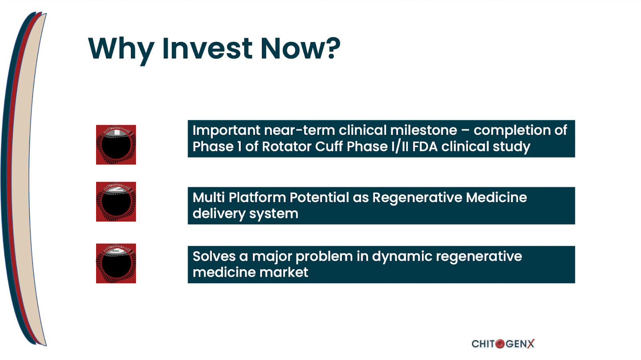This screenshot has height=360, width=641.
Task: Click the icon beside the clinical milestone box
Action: tap(116, 145)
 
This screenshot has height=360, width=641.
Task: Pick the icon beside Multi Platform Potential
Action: tap(116, 201)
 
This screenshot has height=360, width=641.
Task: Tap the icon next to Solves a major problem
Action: tap(116, 263)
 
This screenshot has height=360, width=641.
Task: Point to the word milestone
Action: tap(423, 131)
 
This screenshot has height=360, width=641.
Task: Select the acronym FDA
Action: tap(425, 147)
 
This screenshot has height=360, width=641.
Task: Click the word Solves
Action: tap(214, 257)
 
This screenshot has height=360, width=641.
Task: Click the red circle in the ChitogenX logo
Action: tap(500, 344)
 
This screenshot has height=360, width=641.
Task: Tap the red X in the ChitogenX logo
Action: tap(531, 344)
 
